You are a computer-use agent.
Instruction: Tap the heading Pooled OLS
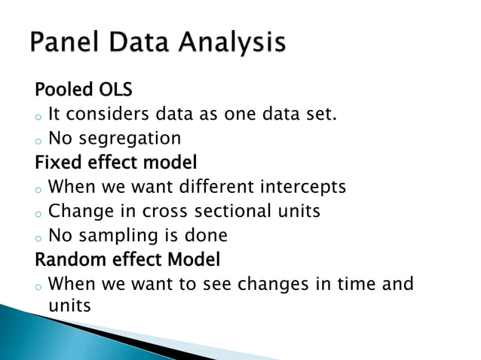(83, 91)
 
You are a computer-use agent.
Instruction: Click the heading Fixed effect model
(116, 163)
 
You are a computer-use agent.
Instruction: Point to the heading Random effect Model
(127, 260)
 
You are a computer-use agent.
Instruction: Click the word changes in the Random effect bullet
(268, 285)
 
